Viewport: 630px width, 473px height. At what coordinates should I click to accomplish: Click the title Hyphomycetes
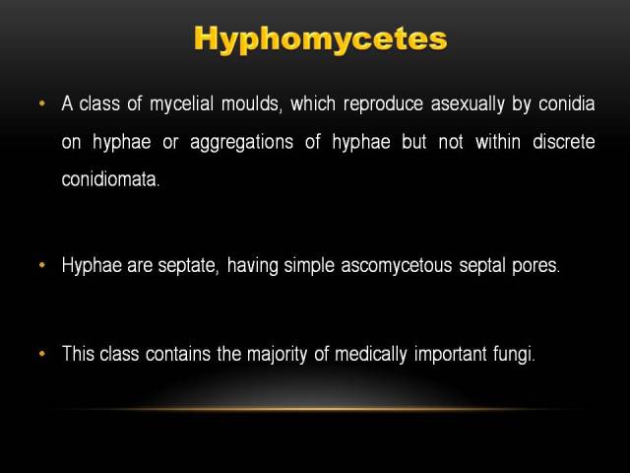point(320,39)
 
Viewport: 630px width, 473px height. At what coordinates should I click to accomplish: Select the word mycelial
point(181,104)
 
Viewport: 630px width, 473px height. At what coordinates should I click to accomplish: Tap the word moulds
point(250,103)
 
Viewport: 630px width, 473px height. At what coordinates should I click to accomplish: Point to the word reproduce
point(383,104)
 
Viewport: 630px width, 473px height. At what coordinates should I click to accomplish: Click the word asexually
point(468,104)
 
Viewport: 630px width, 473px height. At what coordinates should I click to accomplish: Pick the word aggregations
point(241,143)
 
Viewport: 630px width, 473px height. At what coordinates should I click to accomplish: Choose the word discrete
point(564,142)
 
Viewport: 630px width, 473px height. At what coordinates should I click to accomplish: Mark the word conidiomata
point(110,179)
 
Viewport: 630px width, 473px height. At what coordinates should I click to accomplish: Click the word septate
point(188,266)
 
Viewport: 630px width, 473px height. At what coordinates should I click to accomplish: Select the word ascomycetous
point(397,266)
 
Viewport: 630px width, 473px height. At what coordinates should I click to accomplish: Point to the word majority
point(278,355)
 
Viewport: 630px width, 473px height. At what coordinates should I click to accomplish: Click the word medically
point(371,355)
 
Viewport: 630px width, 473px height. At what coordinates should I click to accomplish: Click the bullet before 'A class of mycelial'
point(42,103)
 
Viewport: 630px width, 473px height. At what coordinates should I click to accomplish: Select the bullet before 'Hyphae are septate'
point(42,265)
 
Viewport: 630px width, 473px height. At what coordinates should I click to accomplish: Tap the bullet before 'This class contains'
point(42,354)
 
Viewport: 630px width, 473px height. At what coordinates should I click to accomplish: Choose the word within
point(498,142)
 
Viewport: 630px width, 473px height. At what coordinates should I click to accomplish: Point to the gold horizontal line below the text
point(317,410)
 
